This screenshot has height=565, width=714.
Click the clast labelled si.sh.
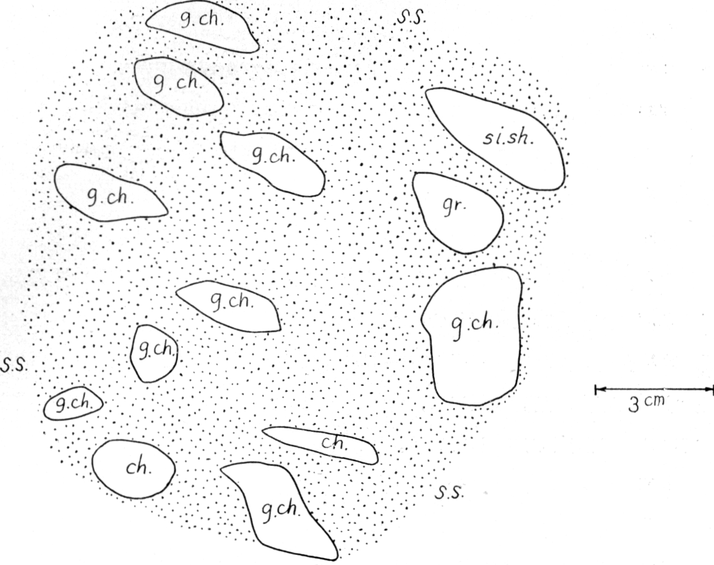(501, 136)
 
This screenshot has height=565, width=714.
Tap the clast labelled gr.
(458, 212)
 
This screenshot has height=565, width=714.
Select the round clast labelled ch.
(133, 469)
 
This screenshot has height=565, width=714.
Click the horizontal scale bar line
(654, 389)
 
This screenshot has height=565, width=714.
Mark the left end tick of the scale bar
(596, 389)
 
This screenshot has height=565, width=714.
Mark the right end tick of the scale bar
(711, 389)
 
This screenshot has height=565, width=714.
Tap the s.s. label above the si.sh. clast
(411, 18)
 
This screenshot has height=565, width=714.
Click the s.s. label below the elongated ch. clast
(449, 492)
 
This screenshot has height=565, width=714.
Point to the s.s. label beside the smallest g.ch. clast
(14, 365)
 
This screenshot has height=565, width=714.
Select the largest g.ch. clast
(472, 336)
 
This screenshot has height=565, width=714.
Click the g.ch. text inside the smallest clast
(74, 403)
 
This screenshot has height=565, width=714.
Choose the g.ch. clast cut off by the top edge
(202, 26)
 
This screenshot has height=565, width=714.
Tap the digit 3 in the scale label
(634, 404)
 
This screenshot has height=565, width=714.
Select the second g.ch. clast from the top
(179, 87)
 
